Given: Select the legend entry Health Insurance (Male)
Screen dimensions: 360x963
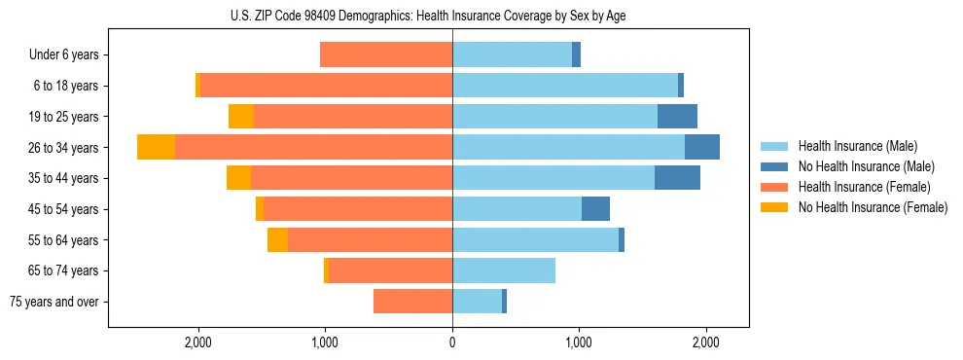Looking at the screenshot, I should [857, 146].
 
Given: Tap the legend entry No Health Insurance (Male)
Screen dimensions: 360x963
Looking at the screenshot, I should [866, 166].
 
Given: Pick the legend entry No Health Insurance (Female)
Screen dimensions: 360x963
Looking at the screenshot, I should [873, 207].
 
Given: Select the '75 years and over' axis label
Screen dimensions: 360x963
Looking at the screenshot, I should [54, 302].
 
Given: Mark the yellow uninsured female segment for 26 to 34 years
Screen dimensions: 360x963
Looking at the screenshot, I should [156, 147].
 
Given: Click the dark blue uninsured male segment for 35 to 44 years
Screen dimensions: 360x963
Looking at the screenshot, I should [677, 178].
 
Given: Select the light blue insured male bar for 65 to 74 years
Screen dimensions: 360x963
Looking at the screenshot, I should [504, 270].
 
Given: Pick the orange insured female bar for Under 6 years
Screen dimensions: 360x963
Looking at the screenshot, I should [386, 55].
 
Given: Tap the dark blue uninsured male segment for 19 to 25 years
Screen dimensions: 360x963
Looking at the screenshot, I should [677, 117].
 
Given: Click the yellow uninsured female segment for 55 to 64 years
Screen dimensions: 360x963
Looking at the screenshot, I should [277, 240].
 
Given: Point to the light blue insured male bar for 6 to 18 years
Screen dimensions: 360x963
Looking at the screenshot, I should [565, 86].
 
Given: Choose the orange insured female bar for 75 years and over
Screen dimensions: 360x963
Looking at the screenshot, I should [412, 302].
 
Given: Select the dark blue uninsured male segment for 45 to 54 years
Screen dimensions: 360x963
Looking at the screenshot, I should [595, 209].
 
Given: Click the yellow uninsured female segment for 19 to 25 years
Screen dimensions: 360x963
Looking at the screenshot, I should [241, 117].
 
